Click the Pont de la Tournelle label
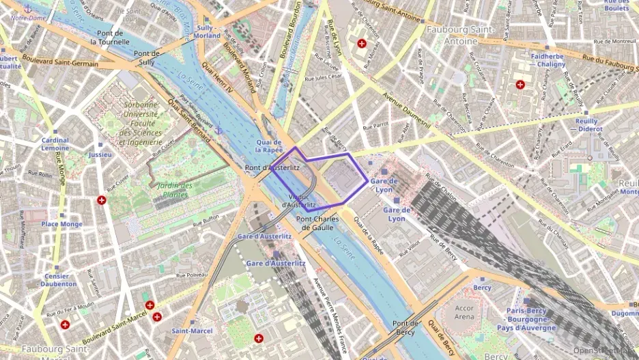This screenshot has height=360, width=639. pos(110,37)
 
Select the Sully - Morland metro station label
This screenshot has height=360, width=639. pos(208,31)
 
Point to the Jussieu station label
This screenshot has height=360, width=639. pos(100,154)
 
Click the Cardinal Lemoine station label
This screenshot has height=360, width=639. pos(55,144)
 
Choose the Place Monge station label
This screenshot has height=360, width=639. pos(61,224)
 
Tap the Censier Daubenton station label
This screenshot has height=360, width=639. pos(58,279)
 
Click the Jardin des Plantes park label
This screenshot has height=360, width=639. pos(173,190)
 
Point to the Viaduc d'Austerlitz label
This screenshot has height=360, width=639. pos(298,201)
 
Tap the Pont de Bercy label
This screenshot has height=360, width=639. pos(406,327)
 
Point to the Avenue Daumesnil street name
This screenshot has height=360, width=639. pos(405,110)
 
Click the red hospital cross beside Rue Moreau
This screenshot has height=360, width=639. pos(361,43)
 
